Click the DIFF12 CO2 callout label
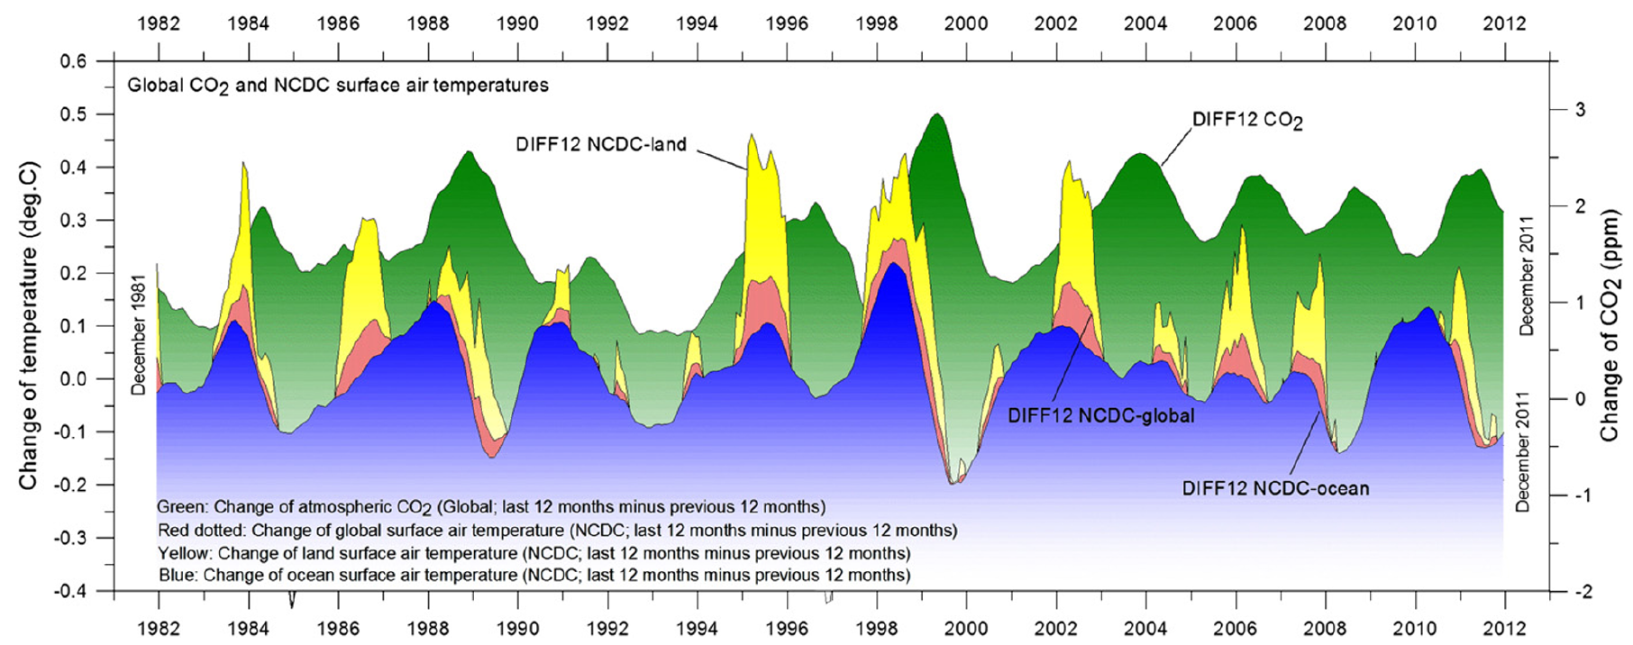1247,121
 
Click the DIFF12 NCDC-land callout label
601,144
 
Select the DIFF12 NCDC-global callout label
1101,416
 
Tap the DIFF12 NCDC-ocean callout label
1275,489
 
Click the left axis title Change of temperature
29,325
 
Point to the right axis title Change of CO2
1610,325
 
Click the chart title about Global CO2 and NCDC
338,86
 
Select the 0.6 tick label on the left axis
74,61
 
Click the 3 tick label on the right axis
1580,110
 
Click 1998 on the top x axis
876,23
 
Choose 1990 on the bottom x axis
517,627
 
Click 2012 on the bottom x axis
1504,627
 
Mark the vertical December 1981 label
139,334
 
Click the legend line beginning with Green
491,507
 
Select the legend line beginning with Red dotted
557,531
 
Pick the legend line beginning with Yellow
534,553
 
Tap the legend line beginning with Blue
534,575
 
